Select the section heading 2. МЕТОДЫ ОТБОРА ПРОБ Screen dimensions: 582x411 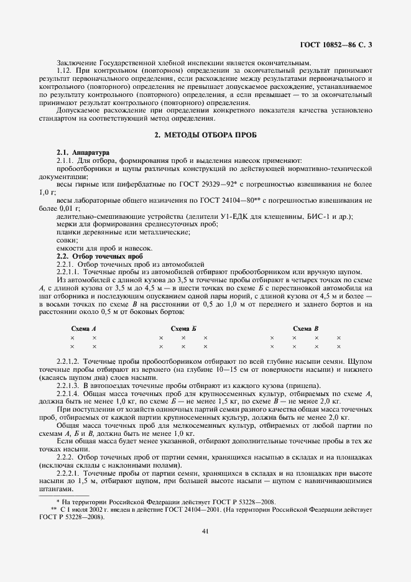(x=205, y=135)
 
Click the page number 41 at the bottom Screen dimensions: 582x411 (x=205, y=530)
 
